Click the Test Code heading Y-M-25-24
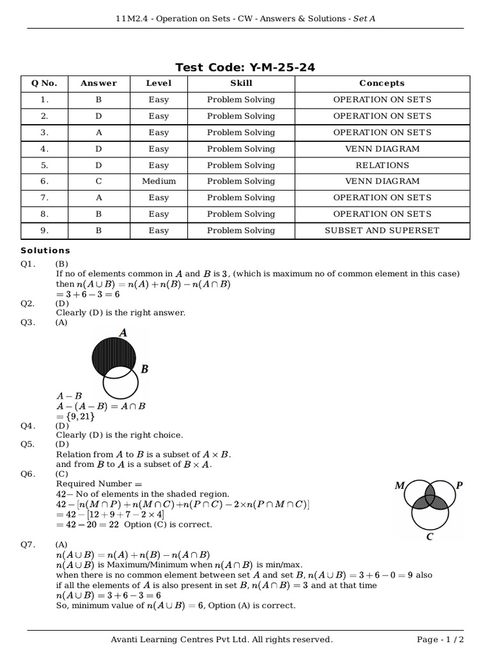click(x=245, y=67)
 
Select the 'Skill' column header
click(x=241, y=83)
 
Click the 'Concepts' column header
click(x=382, y=83)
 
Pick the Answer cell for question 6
click(x=98, y=181)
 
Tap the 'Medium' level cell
click(x=159, y=181)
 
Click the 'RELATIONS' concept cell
click(x=382, y=165)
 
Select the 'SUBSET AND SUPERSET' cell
click(x=382, y=230)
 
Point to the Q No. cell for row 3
click(x=44, y=132)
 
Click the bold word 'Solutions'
click(x=45, y=251)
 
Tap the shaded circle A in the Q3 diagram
click(x=113, y=354)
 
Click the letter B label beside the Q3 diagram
click(x=144, y=369)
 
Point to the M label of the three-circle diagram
click(x=400, y=485)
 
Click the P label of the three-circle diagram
click(x=459, y=485)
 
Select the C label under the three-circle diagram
click(x=430, y=537)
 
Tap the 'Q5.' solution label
click(x=27, y=444)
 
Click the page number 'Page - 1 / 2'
click(x=440, y=640)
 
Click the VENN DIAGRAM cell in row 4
click(x=382, y=148)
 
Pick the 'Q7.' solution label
click(x=27, y=544)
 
